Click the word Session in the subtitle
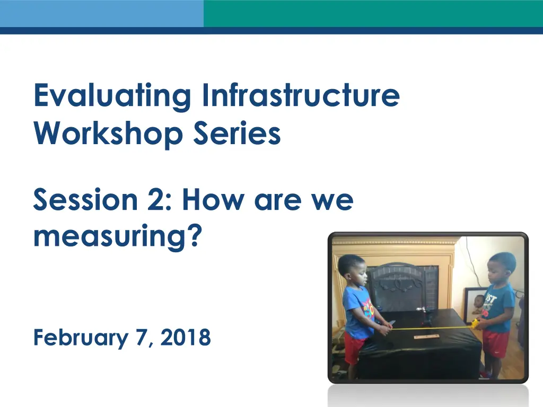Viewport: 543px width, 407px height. tap(85, 199)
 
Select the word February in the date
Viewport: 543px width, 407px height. tap(81, 338)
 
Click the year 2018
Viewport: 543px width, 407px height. tap(186, 337)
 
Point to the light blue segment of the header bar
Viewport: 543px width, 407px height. tap(102, 13)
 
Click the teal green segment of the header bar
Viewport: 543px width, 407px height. tap(373, 13)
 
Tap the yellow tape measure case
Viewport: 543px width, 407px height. tap(475, 324)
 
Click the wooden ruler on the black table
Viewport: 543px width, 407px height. tap(427, 337)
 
